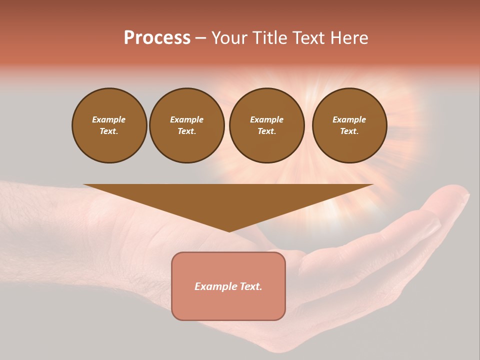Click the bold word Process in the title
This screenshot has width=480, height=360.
pos(157,38)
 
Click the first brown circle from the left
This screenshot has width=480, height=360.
pos(109,125)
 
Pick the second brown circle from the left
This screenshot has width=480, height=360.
pos(186,125)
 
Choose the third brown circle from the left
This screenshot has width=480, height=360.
pos(266,125)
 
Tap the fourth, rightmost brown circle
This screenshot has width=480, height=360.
pos(349,125)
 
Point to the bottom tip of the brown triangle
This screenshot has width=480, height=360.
pos(229,230)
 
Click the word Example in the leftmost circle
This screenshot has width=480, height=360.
pos(109,119)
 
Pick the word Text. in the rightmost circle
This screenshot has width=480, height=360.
pos(349,131)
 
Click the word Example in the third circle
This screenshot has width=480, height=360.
pos(266,119)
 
